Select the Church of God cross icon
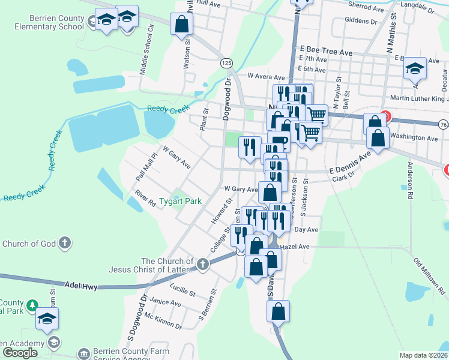(65, 243)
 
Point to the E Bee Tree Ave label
(327, 53)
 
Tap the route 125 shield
(226, 63)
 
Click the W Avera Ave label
(266, 77)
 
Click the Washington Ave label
(414, 137)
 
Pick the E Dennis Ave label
(351, 166)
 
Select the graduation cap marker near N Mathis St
(414, 69)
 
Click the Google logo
(20, 352)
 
